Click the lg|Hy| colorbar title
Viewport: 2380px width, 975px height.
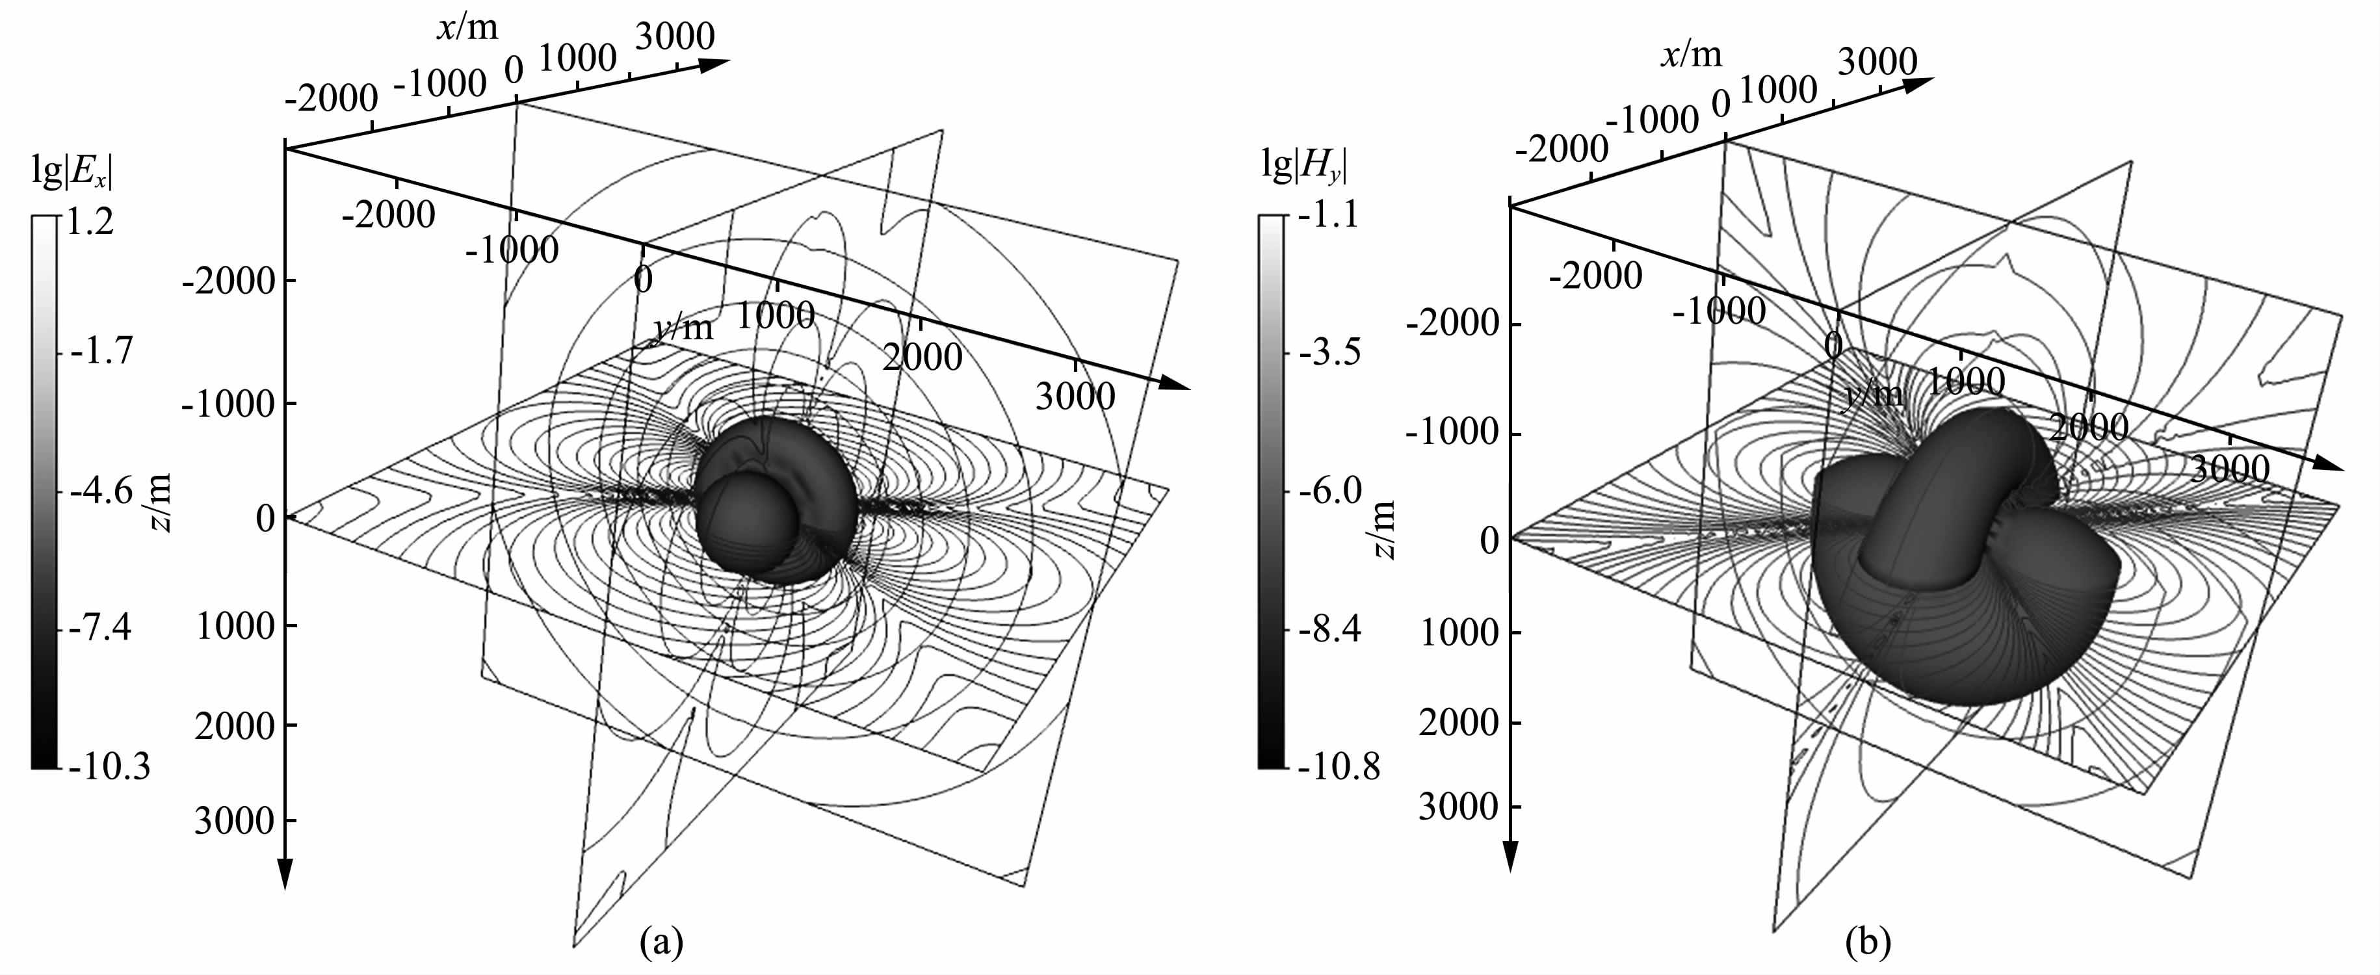tap(1303, 166)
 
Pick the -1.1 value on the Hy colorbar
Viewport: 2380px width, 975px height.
tap(1327, 215)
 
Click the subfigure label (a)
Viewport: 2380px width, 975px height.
tap(662, 942)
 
